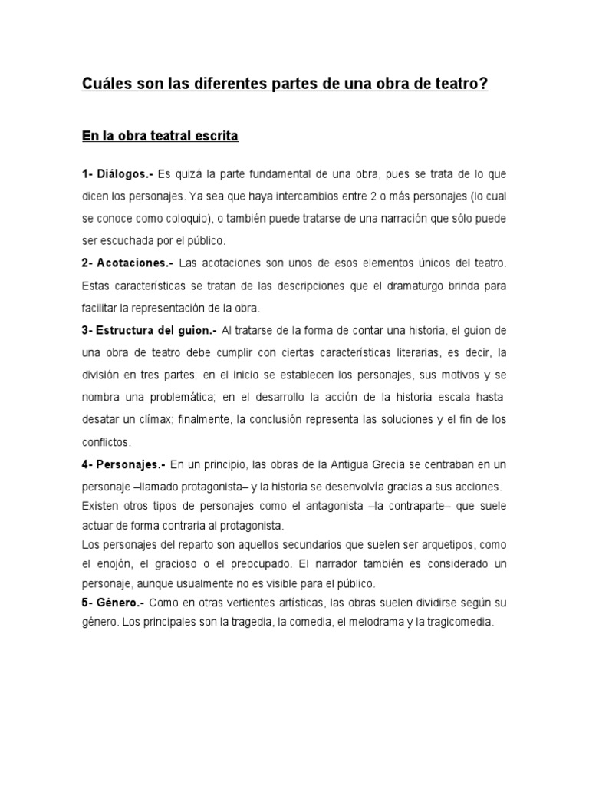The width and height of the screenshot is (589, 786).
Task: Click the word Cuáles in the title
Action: pyautogui.click(x=107, y=84)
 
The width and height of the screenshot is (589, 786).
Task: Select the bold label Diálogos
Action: pyautogui.click(x=122, y=174)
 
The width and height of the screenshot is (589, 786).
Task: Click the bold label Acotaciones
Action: pyautogui.click(x=135, y=263)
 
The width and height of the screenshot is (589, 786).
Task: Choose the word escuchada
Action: pyautogui.click(x=120, y=241)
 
